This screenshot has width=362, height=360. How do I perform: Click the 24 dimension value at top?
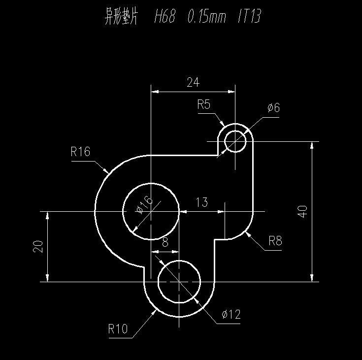(193, 82)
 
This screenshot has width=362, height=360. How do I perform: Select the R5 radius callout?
(204, 104)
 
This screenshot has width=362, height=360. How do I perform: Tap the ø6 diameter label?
(273, 108)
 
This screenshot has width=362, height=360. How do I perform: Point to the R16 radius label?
(80, 152)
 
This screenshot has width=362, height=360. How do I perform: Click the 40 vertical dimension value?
(302, 211)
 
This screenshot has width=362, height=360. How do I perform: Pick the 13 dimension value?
(202, 202)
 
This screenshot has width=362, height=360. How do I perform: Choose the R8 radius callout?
(275, 241)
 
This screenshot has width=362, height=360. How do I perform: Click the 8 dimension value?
(165, 242)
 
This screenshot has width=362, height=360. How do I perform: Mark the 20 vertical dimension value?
(38, 246)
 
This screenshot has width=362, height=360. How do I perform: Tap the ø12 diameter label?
(231, 314)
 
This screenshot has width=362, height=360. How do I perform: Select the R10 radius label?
(118, 328)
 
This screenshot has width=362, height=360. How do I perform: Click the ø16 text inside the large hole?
(144, 205)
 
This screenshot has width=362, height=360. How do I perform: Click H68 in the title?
(165, 16)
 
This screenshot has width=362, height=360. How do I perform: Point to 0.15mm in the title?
(207, 17)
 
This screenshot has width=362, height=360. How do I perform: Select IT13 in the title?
(249, 16)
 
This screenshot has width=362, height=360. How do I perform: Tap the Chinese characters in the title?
(121, 16)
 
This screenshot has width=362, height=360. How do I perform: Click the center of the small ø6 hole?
(235, 141)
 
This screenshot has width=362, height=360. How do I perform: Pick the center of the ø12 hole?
(179, 282)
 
